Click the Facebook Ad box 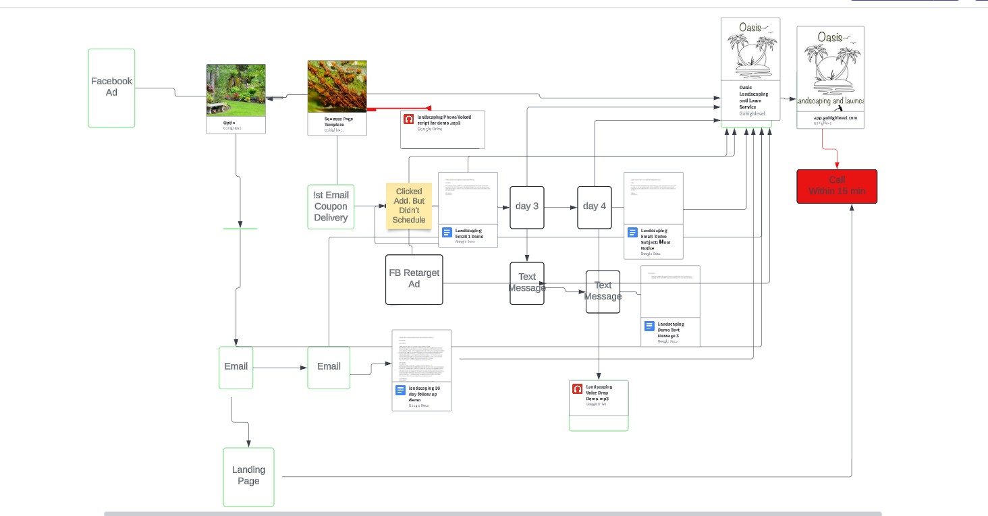coord(111,88)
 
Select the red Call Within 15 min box coord(837,186)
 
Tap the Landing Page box coord(248,476)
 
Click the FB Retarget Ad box coord(414,279)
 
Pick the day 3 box coord(526,206)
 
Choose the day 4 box coord(594,206)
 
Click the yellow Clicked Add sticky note coord(409,205)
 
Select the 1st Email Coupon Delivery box coord(331,206)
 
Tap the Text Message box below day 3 coord(526,283)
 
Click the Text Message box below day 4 coord(603,291)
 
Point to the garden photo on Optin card coord(236,90)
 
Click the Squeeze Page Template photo coord(337,86)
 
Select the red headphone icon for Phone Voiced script coord(408,119)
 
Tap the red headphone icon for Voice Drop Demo coord(577,389)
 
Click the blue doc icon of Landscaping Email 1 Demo coord(447,233)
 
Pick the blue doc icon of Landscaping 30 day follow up coord(400,391)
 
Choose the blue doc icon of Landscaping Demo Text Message coord(649,326)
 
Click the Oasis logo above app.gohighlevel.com coord(830,67)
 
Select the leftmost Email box coord(236,367)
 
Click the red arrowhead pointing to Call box coord(838,166)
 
